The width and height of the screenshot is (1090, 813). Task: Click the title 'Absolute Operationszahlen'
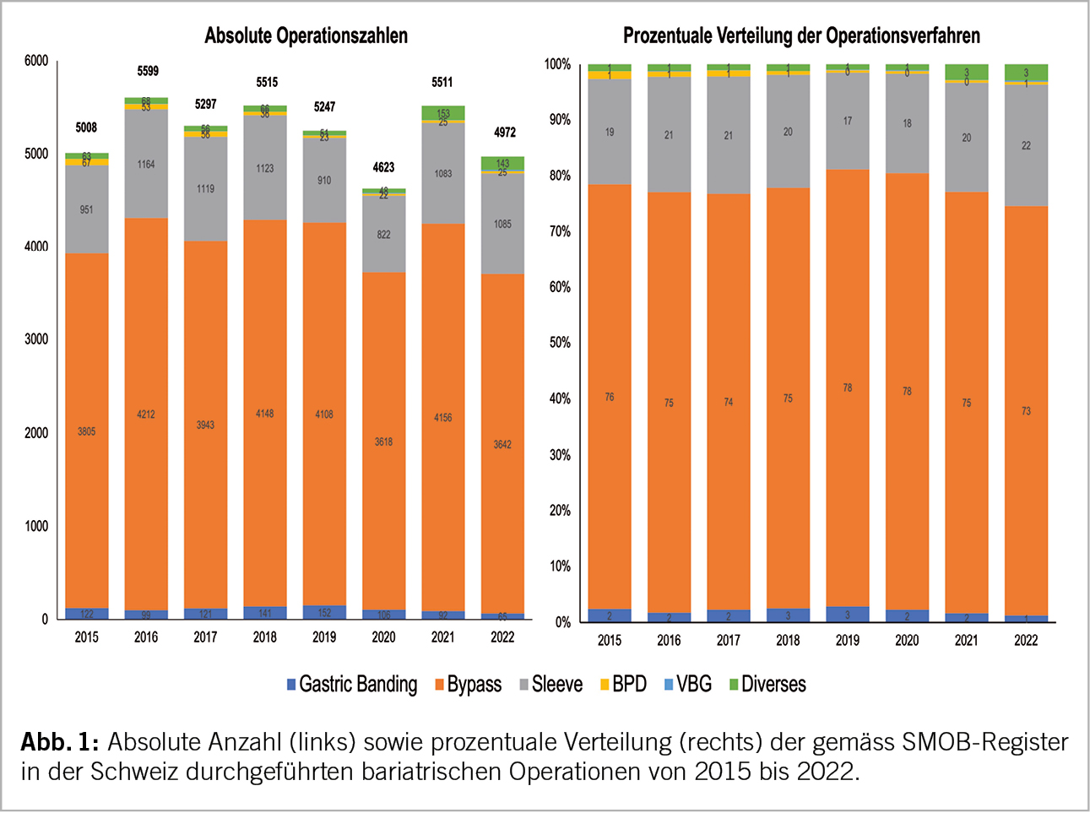click(x=306, y=36)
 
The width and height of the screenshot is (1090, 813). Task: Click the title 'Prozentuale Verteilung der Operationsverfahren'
click(x=801, y=36)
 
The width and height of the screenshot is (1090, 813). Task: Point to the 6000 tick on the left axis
click(x=36, y=61)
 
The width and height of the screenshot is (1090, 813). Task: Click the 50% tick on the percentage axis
click(x=559, y=343)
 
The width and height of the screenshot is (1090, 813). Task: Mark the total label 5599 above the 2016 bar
click(x=148, y=72)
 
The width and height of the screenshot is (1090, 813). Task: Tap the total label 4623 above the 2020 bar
click(x=383, y=167)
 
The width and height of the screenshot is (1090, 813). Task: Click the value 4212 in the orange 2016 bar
click(x=146, y=415)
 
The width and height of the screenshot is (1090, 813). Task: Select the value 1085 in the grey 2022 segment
click(x=502, y=225)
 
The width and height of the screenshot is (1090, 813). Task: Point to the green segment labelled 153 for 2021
click(x=443, y=113)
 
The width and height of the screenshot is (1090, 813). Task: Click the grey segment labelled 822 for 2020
click(x=383, y=235)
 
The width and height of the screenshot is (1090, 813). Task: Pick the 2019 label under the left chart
click(x=324, y=637)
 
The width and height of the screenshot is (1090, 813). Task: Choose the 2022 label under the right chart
click(x=1026, y=641)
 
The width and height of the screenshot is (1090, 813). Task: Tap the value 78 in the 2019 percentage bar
click(x=848, y=388)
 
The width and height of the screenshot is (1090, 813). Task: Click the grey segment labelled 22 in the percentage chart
click(x=1026, y=145)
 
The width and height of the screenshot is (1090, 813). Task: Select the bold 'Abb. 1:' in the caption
click(x=60, y=743)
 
